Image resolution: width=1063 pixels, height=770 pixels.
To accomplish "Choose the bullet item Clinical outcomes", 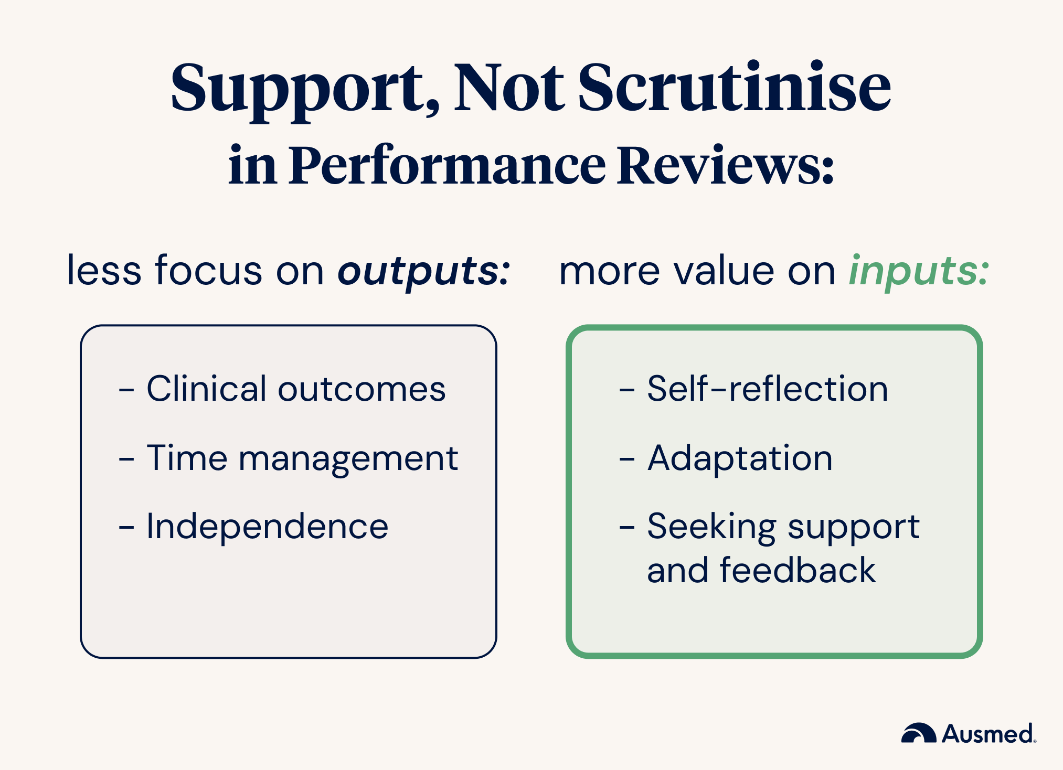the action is click(296, 389).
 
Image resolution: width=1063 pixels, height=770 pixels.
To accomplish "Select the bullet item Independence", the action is click(267, 526).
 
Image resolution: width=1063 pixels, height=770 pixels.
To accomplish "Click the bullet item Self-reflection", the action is click(768, 389).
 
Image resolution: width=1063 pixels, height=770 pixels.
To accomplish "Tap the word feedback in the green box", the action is click(798, 570).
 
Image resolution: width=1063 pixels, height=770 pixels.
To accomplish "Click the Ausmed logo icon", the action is click(919, 733).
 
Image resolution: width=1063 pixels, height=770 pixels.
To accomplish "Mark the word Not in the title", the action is click(509, 88).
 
